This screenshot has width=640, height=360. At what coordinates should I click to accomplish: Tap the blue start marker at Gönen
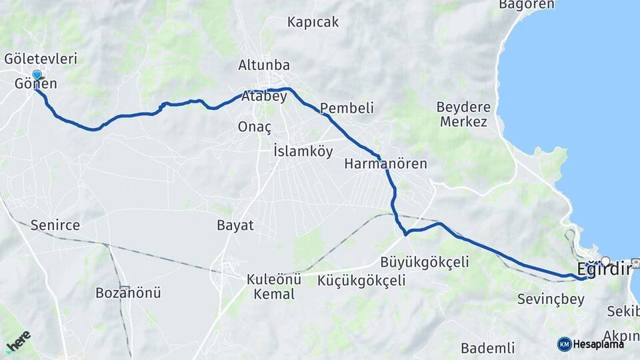[x=37, y=75]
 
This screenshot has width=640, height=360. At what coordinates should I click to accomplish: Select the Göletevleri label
[x=41, y=59]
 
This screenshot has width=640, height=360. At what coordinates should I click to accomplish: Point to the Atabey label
[x=264, y=96]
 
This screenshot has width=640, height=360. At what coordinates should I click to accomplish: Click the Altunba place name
[x=264, y=65]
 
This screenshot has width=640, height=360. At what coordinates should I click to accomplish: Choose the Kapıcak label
[x=313, y=22]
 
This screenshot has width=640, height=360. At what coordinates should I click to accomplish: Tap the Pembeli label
[x=347, y=108]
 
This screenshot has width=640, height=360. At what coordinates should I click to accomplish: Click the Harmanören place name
[x=385, y=163]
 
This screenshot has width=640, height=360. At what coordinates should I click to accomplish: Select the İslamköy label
[x=303, y=151]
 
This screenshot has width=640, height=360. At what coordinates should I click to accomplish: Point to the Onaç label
[x=255, y=127]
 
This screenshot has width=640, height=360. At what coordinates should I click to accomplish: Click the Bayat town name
[x=235, y=225]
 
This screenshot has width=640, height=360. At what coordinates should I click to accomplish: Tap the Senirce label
[x=55, y=226]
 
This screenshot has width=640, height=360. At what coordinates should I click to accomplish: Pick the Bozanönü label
[x=128, y=293]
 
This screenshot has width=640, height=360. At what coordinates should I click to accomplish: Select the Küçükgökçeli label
[x=361, y=281]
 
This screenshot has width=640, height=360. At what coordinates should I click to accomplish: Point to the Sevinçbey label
[x=551, y=299]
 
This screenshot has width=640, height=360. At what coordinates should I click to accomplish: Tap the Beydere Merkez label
[x=463, y=114]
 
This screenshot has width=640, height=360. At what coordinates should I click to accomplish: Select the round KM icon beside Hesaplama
[x=564, y=344]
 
